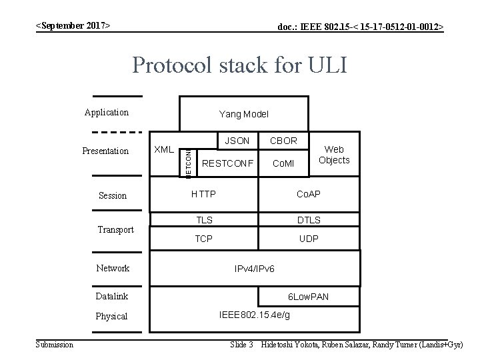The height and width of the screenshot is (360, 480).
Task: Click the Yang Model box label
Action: coord(243,115)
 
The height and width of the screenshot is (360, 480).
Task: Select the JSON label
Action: coord(237,141)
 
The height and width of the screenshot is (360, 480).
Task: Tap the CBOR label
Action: coord(283,141)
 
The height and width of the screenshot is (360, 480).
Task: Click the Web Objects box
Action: coord(334,155)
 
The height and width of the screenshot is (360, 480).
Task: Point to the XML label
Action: coord(164,149)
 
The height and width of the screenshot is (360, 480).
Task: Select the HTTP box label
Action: coord(203,194)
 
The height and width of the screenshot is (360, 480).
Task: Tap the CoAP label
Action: coord(309,194)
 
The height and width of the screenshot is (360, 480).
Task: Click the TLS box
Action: coord(203,220)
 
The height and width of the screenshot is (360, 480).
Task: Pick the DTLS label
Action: coord(309,220)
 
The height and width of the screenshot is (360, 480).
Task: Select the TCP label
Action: coord(203,238)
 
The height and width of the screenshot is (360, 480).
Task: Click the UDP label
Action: coord(309,238)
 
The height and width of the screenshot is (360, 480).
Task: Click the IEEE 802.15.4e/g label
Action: coord(254,314)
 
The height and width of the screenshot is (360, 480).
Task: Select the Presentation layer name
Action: coord(105,151)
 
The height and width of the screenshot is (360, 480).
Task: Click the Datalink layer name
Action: coord(111,296)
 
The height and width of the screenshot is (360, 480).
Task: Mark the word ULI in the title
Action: coord(325,66)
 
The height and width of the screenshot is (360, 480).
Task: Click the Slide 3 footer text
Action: coord(241,345)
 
